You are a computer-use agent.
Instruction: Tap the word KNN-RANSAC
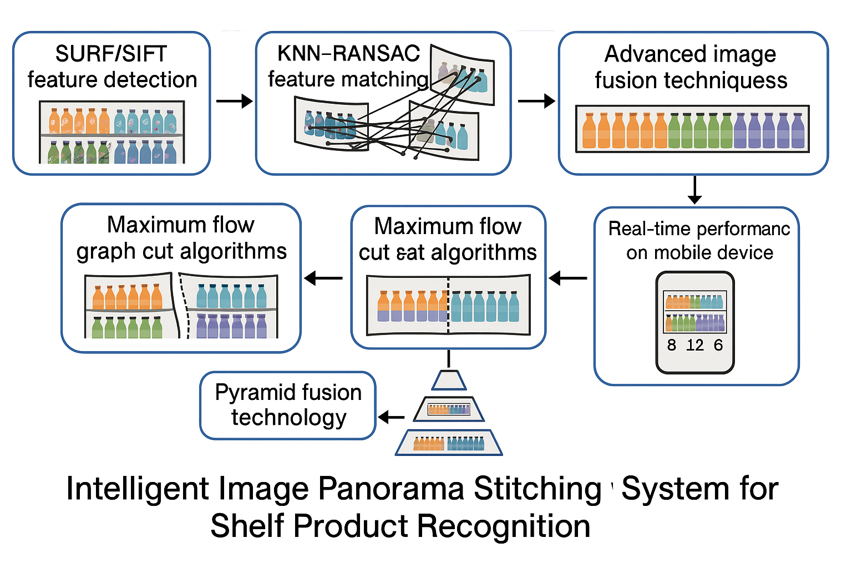(348, 53)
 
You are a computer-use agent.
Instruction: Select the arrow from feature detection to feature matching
(234, 101)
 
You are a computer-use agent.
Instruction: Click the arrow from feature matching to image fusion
(536, 101)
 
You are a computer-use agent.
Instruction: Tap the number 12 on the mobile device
(694, 346)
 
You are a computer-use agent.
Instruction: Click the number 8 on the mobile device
(672, 346)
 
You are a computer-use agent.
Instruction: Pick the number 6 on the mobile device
(718, 346)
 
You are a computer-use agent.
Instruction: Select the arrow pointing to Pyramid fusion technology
(392, 417)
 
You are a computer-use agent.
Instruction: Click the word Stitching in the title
(537, 489)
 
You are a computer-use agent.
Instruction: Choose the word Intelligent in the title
(137, 489)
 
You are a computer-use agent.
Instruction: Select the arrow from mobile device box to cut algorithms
(568, 278)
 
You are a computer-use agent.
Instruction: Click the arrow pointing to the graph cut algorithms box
(323, 278)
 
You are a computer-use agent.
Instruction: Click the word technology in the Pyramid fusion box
(288, 418)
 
